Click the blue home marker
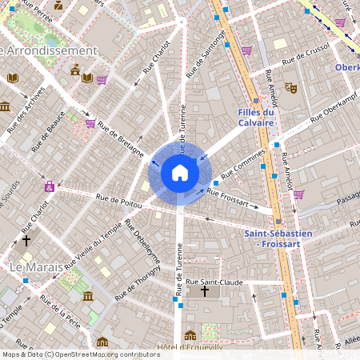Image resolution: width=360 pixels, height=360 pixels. point(180,173)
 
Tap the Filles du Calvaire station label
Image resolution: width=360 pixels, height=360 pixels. point(256,118)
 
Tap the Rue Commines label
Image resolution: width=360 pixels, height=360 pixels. point(242,166)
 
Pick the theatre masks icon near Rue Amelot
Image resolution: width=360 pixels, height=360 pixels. point(291,87)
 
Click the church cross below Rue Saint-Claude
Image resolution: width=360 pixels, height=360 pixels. point(204,293)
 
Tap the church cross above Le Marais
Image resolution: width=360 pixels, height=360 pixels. point(26,239)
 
